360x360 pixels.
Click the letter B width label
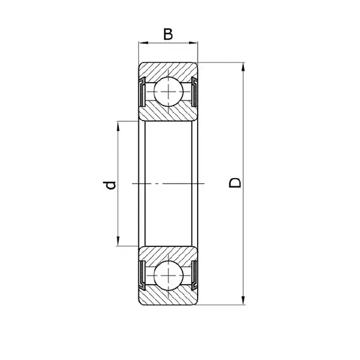coord(168,34)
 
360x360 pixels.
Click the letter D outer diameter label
coord(235,183)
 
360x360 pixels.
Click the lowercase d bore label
coord(109,185)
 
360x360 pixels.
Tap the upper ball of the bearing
coord(168,92)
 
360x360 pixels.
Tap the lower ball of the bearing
coord(168,275)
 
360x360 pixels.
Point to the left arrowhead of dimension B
coord(143,43)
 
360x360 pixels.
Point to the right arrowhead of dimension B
coord(193,43)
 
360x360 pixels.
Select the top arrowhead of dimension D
coord(243,67)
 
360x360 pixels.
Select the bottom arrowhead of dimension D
coord(243,300)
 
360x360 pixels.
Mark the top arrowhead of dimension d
coord(118,126)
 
